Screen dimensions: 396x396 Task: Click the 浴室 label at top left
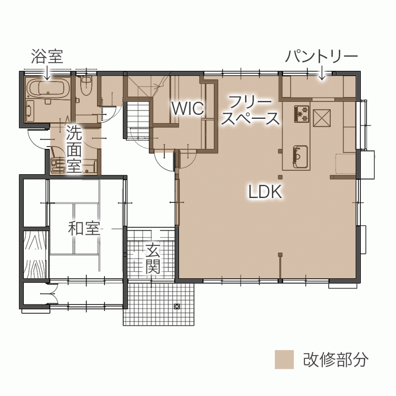click(47, 56)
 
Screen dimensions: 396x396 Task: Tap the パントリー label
click(322, 56)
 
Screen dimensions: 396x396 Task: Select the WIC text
click(188, 108)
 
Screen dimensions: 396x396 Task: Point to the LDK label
click(265, 192)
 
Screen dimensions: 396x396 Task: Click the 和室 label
click(84, 228)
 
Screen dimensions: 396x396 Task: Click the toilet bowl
click(86, 85)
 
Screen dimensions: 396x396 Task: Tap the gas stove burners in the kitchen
click(301, 113)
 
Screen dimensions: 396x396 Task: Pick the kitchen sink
click(300, 156)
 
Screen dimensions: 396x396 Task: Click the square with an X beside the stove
click(322, 118)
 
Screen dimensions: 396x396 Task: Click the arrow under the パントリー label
click(322, 72)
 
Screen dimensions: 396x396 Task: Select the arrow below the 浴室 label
click(47, 72)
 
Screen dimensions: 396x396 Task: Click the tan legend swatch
click(284, 359)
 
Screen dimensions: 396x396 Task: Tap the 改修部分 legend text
click(336, 359)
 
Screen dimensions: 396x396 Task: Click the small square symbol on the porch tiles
click(177, 306)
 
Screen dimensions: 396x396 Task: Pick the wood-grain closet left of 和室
click(35, 254)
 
